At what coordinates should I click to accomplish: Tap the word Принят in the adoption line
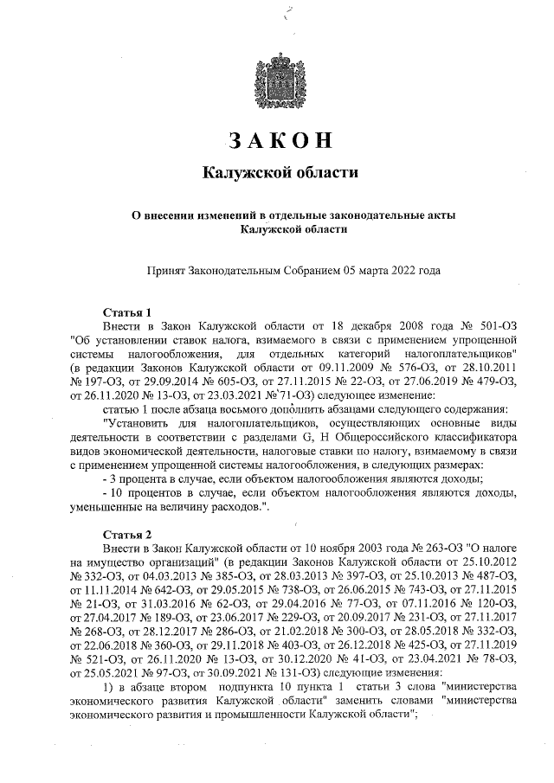(x=168, y=271)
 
